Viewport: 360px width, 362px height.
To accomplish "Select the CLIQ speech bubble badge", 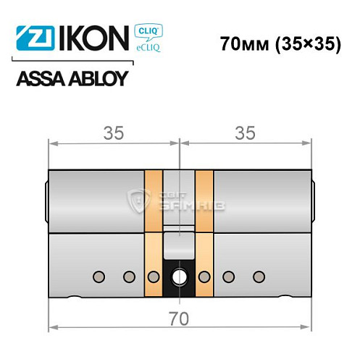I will [x=147, y=31].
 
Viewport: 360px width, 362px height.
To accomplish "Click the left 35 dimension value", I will [x=114, y=133].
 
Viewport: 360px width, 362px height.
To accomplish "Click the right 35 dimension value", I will [x=245, y=133].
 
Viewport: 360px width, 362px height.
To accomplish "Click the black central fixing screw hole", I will [x=179, y=277].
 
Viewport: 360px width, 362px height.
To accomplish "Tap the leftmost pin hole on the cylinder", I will [x=99, y=276].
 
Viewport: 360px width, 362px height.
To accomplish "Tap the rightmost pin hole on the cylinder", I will [x=259, y=276].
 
